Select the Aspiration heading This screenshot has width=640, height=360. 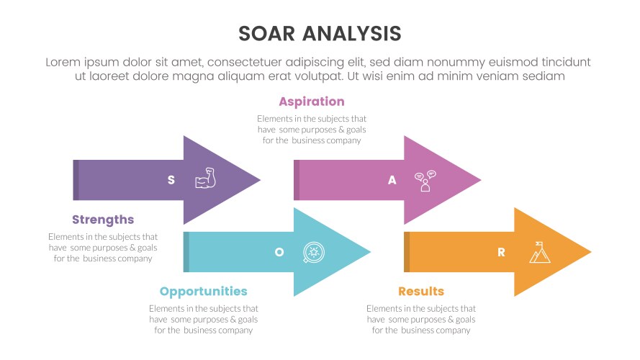pyautogui.click(x=312, y=102)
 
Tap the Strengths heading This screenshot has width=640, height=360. pyautogui.click(x=103, y=220)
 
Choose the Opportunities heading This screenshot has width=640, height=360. pyautogui.click(x=203, y=292)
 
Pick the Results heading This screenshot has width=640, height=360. pyautogui.click(x=421, y=292)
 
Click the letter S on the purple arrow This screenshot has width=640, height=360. pyautogui.click(x=171, y=180)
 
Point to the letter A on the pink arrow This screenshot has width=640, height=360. pyautogui.click(x=392, y=180)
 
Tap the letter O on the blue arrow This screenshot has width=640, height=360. pyautogui.click(x=279, y=252)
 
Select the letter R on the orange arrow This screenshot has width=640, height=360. pyautogui.click(x=501, y=252)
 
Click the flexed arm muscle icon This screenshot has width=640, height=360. pyautogui.click(x=206, y=179)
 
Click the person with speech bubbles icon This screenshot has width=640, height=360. pyautogui.click(x=425, y=181)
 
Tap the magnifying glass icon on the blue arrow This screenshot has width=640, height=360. pyautogui.click(x=314, y=253)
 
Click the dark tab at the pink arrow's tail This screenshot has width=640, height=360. pyautogui.click(x=297, y=180)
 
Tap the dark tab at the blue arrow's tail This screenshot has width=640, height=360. pyautogui.click(x=186, y=252)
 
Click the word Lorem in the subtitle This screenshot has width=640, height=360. pyautogui.click(x=62, y=62)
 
